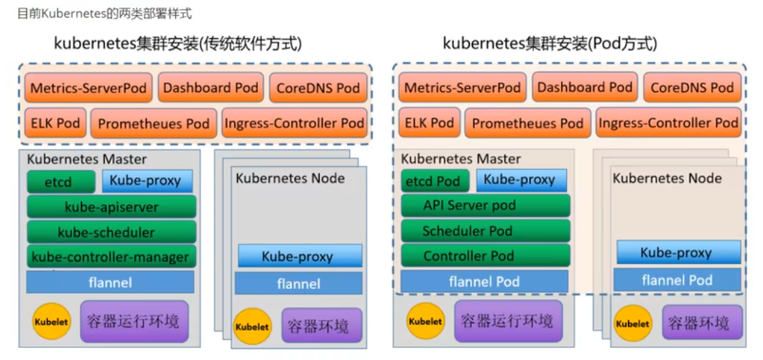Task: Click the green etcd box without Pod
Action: pos(60,181)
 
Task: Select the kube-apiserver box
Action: pos(111,207)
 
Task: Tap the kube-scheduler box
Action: pos(111,232)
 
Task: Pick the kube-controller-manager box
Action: pos(111,257)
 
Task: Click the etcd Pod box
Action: pos(433,181)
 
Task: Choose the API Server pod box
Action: pos(486,206)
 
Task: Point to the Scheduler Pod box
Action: pos(486,231)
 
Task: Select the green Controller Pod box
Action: pos(486,256)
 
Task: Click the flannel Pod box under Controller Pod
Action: pos(484,282)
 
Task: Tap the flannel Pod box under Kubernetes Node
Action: pos(677,280)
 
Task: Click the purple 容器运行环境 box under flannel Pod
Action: pos(507,321)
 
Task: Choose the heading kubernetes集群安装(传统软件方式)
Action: pos(177,44)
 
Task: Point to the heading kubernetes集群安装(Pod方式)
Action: pos(550,44)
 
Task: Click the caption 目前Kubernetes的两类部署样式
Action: pos(104,13)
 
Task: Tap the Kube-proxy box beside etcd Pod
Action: pos(520,180)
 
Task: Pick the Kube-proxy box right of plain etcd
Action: pos(147,181)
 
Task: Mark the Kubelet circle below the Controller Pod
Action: pos(425,321)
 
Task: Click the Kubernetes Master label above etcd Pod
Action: pos(461,158)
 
